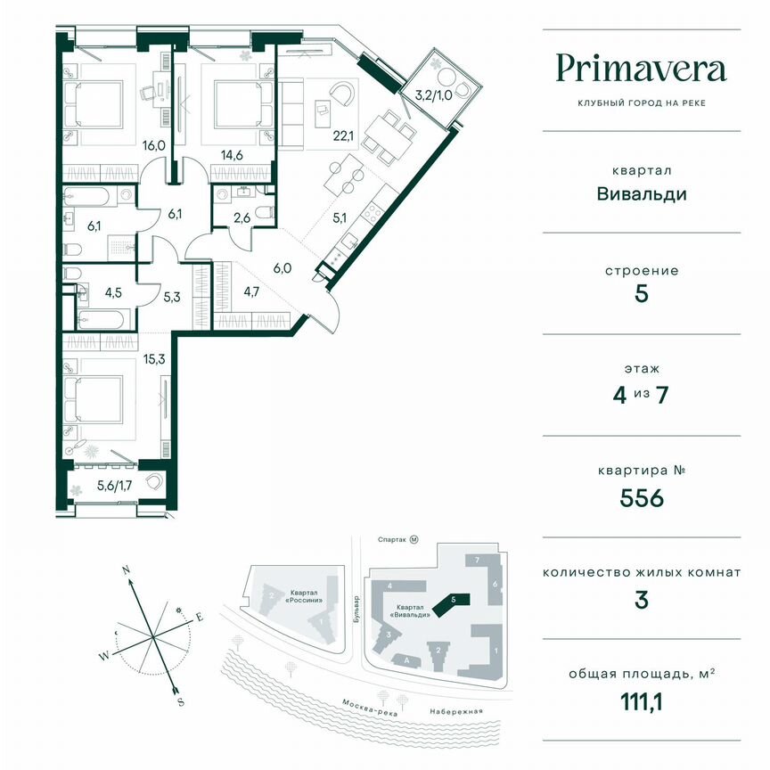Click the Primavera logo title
coord(641,69)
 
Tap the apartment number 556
coord(642,498)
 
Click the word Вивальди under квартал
coord(642,193)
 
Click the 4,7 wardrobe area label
coord(252,288)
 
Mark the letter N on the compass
coord(127,568)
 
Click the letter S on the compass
coord(180,701)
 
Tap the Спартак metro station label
coord(393,540)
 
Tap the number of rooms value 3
coord(642,600)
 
